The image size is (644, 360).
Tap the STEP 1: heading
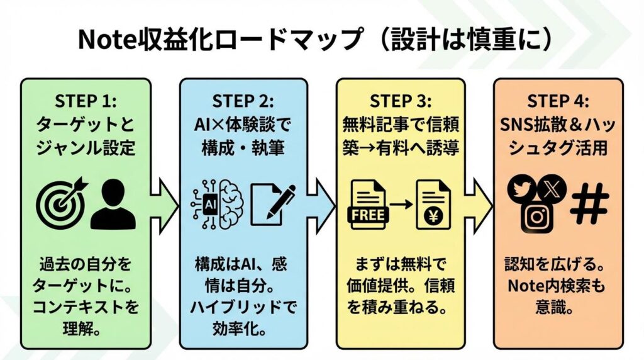(86, 101)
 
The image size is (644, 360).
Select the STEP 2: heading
(243, 101)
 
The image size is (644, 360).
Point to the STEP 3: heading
(401, 101)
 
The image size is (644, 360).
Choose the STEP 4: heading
(558, 101)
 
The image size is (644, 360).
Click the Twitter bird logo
(521, 189)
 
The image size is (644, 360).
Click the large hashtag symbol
(589, 203)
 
